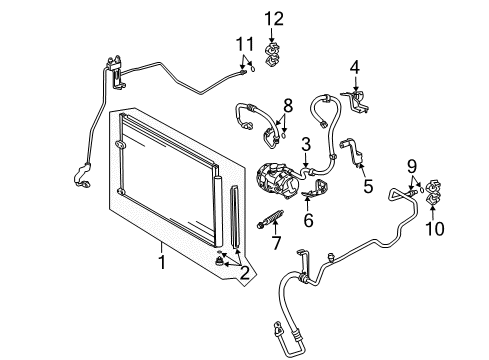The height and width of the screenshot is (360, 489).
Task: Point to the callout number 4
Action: (353, 68)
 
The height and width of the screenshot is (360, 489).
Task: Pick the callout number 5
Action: (367, 185)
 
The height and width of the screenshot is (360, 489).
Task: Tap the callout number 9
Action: (410, 165)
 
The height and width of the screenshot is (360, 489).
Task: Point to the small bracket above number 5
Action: (351, 147)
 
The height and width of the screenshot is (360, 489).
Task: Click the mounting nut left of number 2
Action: (219, 262)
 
